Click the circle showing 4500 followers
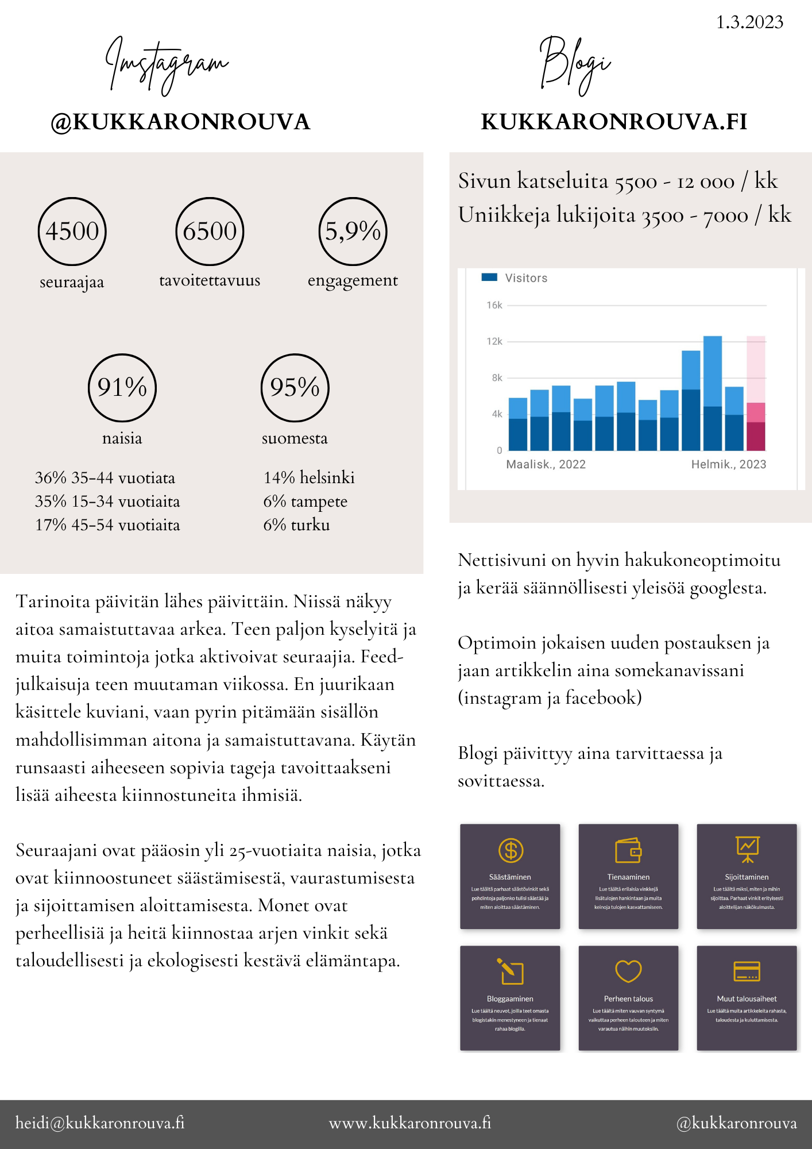click(72, 231)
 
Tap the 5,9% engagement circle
click(353, 231)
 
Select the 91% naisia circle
click(122, 387)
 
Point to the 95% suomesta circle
click(295, 387)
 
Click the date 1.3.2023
click(749, 22)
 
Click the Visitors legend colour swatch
click(489, 277)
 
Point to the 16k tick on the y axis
click(494, 305)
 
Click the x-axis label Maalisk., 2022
click(546, 464)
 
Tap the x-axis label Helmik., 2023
click(728, 464)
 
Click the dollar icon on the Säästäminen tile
click(511, 850)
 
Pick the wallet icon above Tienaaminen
click(628, 850)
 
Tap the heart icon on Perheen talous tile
click(628, 971)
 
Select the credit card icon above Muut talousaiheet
click(747, 971)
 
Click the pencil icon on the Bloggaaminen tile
click(510, 971)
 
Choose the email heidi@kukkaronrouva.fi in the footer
click(100, 1123)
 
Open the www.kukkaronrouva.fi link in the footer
click(410, 1123)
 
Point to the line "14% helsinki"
click(309, 477)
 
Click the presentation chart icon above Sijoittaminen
click(747, 849)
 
